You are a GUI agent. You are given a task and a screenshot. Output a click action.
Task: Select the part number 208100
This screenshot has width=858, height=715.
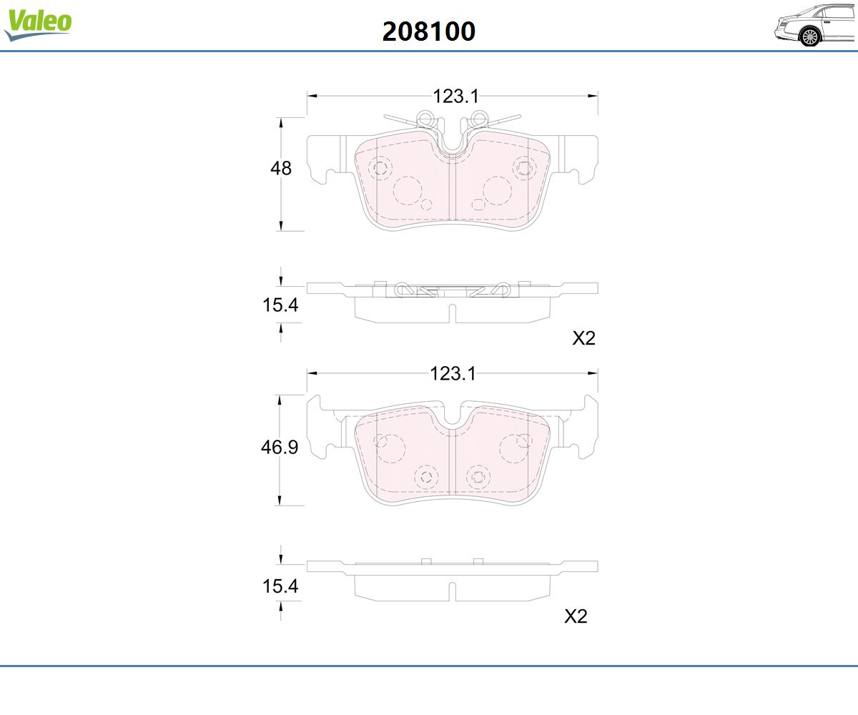[428, 31]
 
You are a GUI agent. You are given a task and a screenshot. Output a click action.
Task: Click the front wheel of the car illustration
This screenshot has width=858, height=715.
[810, 37]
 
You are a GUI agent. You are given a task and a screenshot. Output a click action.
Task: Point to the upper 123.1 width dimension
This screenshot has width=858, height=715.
[455, 97]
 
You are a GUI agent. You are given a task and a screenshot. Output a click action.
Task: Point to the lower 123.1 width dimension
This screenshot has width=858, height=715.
[453, 374]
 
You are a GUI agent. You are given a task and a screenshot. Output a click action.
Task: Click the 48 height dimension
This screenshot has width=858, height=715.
[281, 169]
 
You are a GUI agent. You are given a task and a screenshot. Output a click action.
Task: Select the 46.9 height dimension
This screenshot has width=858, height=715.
[280, 447]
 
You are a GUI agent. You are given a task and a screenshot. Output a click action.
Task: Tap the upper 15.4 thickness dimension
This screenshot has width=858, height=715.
[280, 305]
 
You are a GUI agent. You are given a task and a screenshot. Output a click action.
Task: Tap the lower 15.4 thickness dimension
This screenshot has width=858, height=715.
[280, 586]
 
